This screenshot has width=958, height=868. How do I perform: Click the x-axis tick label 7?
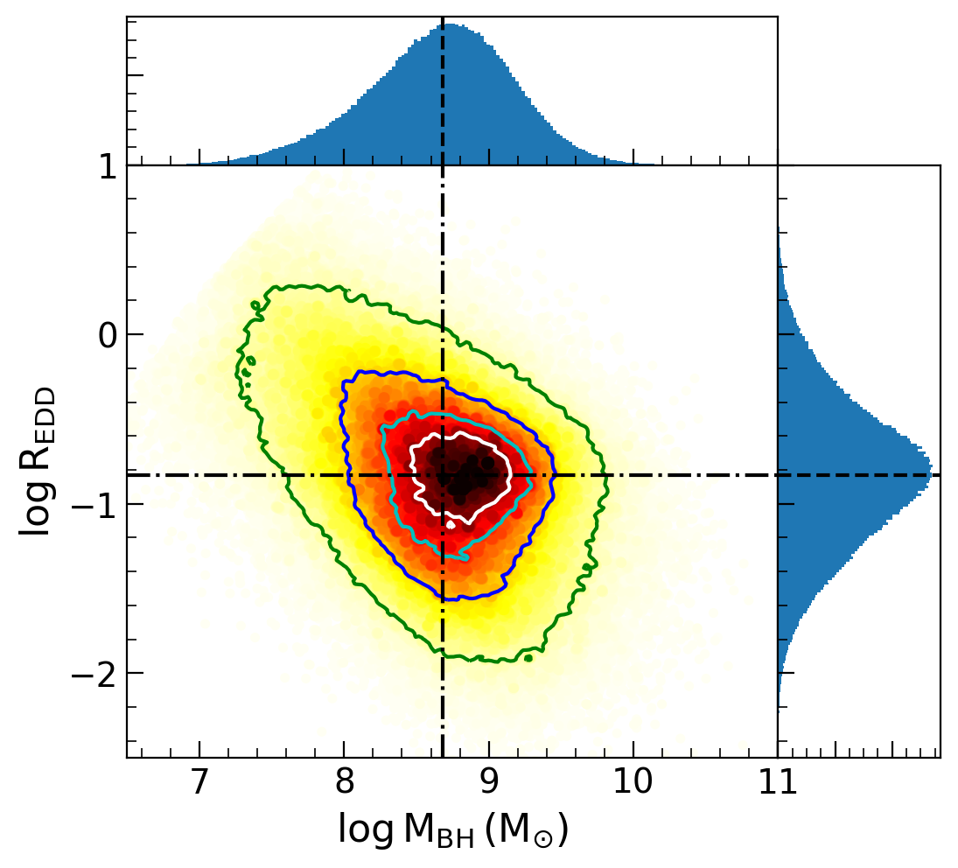click(x=199, y=783)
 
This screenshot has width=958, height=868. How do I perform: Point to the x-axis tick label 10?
click(x=633, y=783)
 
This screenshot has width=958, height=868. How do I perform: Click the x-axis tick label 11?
click(x=777, y=783)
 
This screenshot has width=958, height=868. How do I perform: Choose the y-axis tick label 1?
click(x=107, y=165)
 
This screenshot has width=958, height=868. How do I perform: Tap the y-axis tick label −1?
click(x=96, y=504)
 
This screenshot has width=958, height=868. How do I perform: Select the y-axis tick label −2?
click(x=96, y=673)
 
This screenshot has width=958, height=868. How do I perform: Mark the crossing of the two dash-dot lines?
click(x=444, y=475)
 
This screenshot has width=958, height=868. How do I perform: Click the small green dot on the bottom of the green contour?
click(x=528, y=658)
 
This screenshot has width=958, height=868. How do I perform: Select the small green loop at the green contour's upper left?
click(x=255, y=305)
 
